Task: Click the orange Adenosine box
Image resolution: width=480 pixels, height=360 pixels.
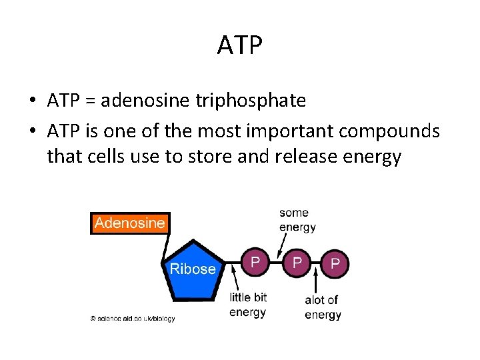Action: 129,223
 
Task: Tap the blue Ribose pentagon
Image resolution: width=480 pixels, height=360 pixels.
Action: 193,267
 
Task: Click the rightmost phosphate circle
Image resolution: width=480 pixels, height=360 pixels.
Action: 335,264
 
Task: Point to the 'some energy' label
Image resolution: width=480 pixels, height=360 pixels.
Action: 297,220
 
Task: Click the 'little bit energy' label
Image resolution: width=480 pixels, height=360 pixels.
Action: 248,305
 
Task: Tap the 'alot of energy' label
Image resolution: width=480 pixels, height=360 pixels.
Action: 322,307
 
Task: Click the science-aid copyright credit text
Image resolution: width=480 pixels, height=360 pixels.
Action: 133,319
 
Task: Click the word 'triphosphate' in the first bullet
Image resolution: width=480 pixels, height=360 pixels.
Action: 251,101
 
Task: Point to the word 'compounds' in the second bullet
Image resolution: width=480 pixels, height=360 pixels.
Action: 389,131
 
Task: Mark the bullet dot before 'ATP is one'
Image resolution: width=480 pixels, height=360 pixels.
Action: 32,131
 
